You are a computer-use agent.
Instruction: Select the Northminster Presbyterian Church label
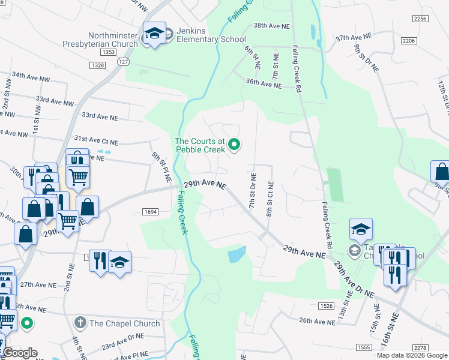pos(100,40)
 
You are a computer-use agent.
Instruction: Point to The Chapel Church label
pos(125,323)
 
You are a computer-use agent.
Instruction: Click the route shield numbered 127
pos(123,62)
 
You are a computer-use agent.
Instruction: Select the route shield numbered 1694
pos(151,211)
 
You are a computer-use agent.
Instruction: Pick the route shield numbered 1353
pos(109,53)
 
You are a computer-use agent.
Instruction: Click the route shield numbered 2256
pos(421,19)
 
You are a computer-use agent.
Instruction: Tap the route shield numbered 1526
pos(327,305)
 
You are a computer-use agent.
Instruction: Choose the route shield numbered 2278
pos(421,348)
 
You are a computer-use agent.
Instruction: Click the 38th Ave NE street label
pos(271,26)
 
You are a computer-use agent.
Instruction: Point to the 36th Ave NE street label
pos(264,85)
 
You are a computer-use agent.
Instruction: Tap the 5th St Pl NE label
pos(161,166)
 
